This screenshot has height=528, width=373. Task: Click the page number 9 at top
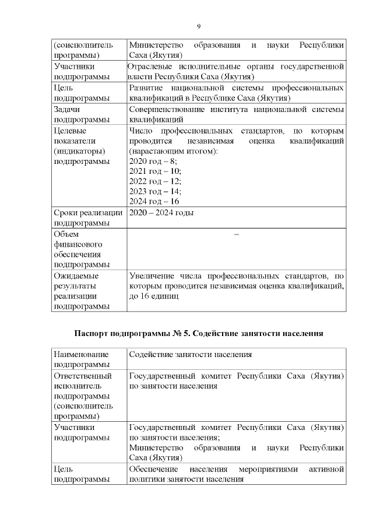tap(198, 27)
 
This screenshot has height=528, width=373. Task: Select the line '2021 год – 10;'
tap(155, 171)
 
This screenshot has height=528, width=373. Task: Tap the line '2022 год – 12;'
tap(155, 181)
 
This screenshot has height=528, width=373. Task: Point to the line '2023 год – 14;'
tap(155, 191)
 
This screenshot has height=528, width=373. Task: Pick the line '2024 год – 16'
tap(154, 201)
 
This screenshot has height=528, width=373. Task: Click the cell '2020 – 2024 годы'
tap(161, 213)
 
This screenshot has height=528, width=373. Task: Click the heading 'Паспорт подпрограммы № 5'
tap(198, 333)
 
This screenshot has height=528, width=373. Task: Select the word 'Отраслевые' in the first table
tap(150, 67)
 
